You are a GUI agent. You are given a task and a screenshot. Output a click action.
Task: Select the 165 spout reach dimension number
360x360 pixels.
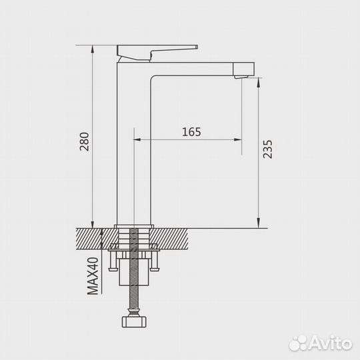click(x=191, y=131)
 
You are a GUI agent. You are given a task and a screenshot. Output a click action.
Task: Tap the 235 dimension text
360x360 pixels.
click(x=267, y=151)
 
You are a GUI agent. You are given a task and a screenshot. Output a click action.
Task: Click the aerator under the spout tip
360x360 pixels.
click(x=242, y=78)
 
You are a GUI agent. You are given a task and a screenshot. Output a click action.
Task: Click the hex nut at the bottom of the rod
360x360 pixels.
click(x=136, y=323)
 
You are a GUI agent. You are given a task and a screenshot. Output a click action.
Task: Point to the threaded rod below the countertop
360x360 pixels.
click(x=136, y=280)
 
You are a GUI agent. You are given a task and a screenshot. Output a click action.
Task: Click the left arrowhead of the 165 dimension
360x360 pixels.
click(x=139, y=140)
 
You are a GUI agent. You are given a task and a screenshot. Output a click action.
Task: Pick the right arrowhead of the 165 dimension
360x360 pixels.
click(x=239, y=140)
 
